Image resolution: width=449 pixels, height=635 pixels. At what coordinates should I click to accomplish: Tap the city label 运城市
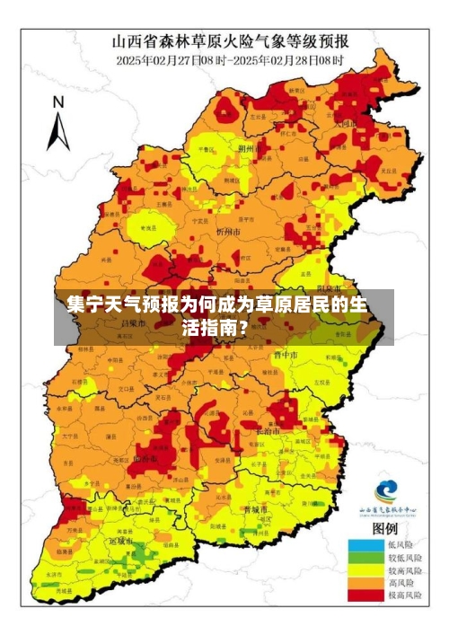[120, 542]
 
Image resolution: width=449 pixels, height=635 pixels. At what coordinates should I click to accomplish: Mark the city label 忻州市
[228, 231]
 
